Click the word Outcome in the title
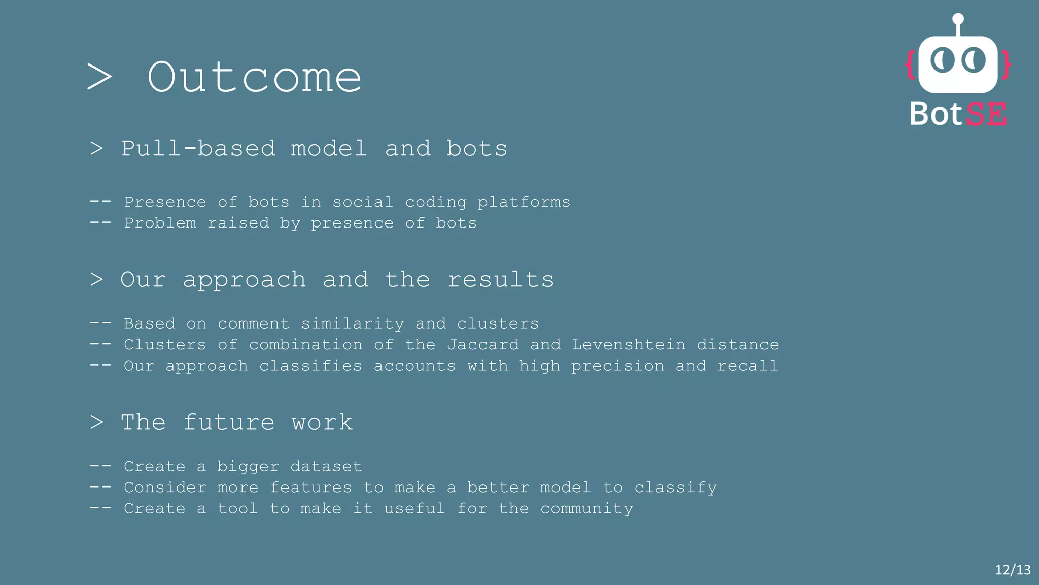click(254, 78)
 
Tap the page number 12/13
click(1013, 570)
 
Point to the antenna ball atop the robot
click(958, 19)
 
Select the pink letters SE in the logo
click(986, 114)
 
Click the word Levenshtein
click(629, 345)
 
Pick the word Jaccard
click(483, 345)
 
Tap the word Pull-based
click(198, 149)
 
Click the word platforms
click(524, 203)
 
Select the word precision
click(617, 366)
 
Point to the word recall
click(747, 366)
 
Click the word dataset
click(326, 466)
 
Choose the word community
click(586, 509)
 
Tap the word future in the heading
click(229, 422)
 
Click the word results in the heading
click(501, 280)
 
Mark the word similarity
click(353, 324)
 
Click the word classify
click(675, 488)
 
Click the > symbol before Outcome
click(99, 78)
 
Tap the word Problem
click(160, 223)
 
